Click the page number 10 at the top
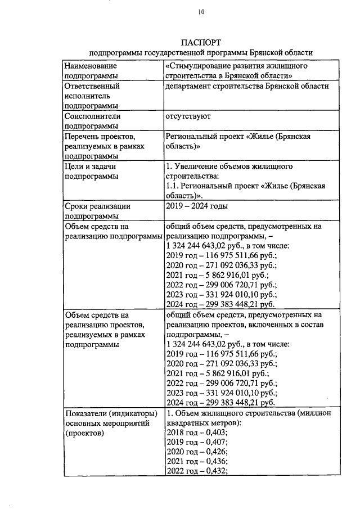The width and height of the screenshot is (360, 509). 201,12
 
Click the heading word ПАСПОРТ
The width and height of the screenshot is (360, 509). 201,42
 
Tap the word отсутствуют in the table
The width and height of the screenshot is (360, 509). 188,116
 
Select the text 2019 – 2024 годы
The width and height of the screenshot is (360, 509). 196,206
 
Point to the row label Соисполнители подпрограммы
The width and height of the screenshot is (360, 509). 93,121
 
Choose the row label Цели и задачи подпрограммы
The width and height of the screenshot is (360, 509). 91,172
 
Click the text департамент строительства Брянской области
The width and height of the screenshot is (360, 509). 247,87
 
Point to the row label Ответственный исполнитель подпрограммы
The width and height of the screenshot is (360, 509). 92,96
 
